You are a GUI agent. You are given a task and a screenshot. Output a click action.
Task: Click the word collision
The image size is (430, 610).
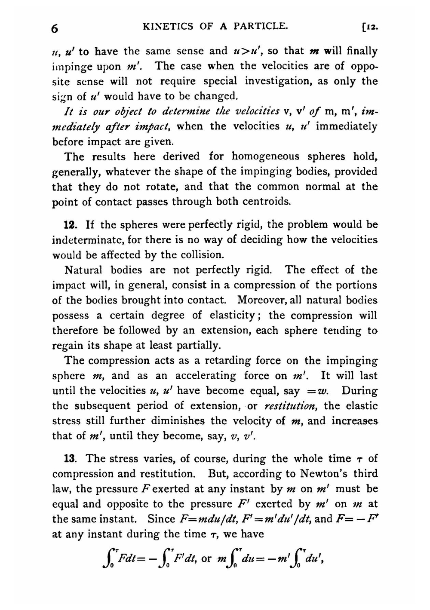(202, 255)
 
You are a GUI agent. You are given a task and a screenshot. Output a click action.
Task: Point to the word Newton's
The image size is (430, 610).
(327, 474)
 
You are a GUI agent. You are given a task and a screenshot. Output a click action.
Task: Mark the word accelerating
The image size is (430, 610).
(205, 376)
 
